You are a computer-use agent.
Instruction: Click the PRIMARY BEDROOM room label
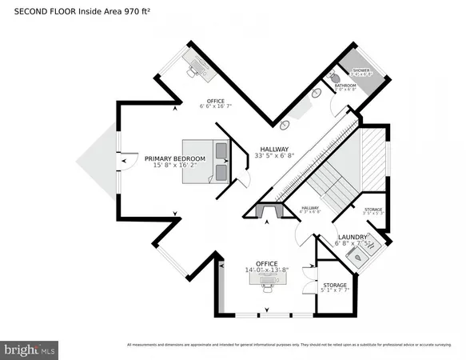[174, 158]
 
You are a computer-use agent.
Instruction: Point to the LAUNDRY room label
[352, 238]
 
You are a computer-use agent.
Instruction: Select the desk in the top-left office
[197, 64]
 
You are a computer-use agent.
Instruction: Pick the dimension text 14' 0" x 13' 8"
[267, 271]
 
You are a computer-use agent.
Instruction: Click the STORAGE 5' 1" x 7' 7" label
[335, 289]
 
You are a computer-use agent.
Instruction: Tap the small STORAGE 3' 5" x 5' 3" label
[373, 212]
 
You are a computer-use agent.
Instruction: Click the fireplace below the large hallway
[266, 211]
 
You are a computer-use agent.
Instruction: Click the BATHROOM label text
[345, 85]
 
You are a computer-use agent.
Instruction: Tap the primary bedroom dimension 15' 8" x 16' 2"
[174, 167]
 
